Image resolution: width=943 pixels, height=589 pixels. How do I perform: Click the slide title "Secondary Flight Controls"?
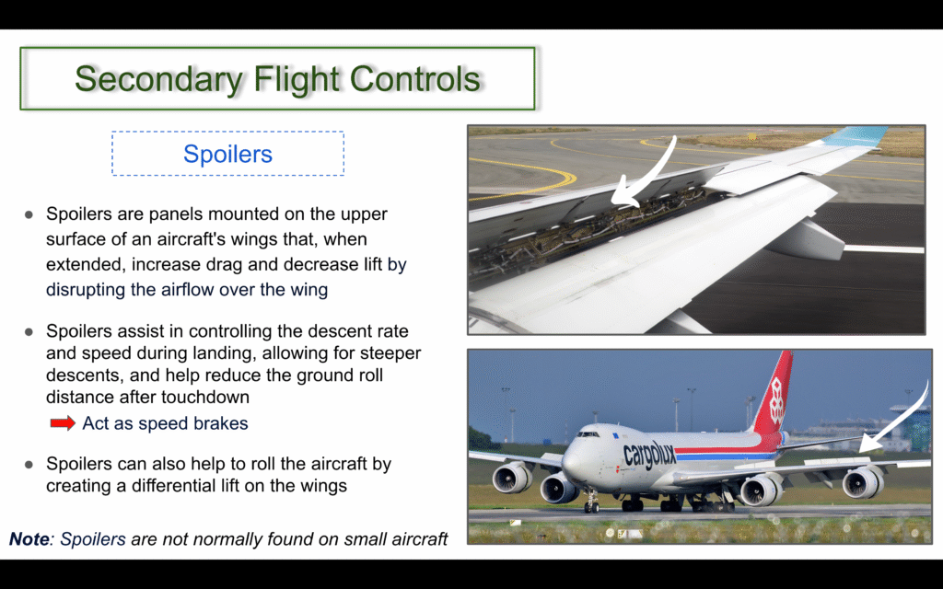(277, 79)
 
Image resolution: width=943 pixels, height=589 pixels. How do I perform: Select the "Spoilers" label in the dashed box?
(228, 154)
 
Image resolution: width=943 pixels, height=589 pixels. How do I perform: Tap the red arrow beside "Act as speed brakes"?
(63, 423)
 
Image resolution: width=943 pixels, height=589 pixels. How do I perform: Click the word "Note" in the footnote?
(29, 538)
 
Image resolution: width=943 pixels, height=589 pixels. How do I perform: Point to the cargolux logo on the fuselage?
(649, 455)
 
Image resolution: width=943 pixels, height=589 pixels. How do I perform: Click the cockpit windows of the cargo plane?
(588, 433)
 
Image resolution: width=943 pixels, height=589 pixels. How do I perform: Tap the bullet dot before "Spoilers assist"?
(29, 331)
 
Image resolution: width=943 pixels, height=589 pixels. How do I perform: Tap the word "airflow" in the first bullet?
(184, 290)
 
